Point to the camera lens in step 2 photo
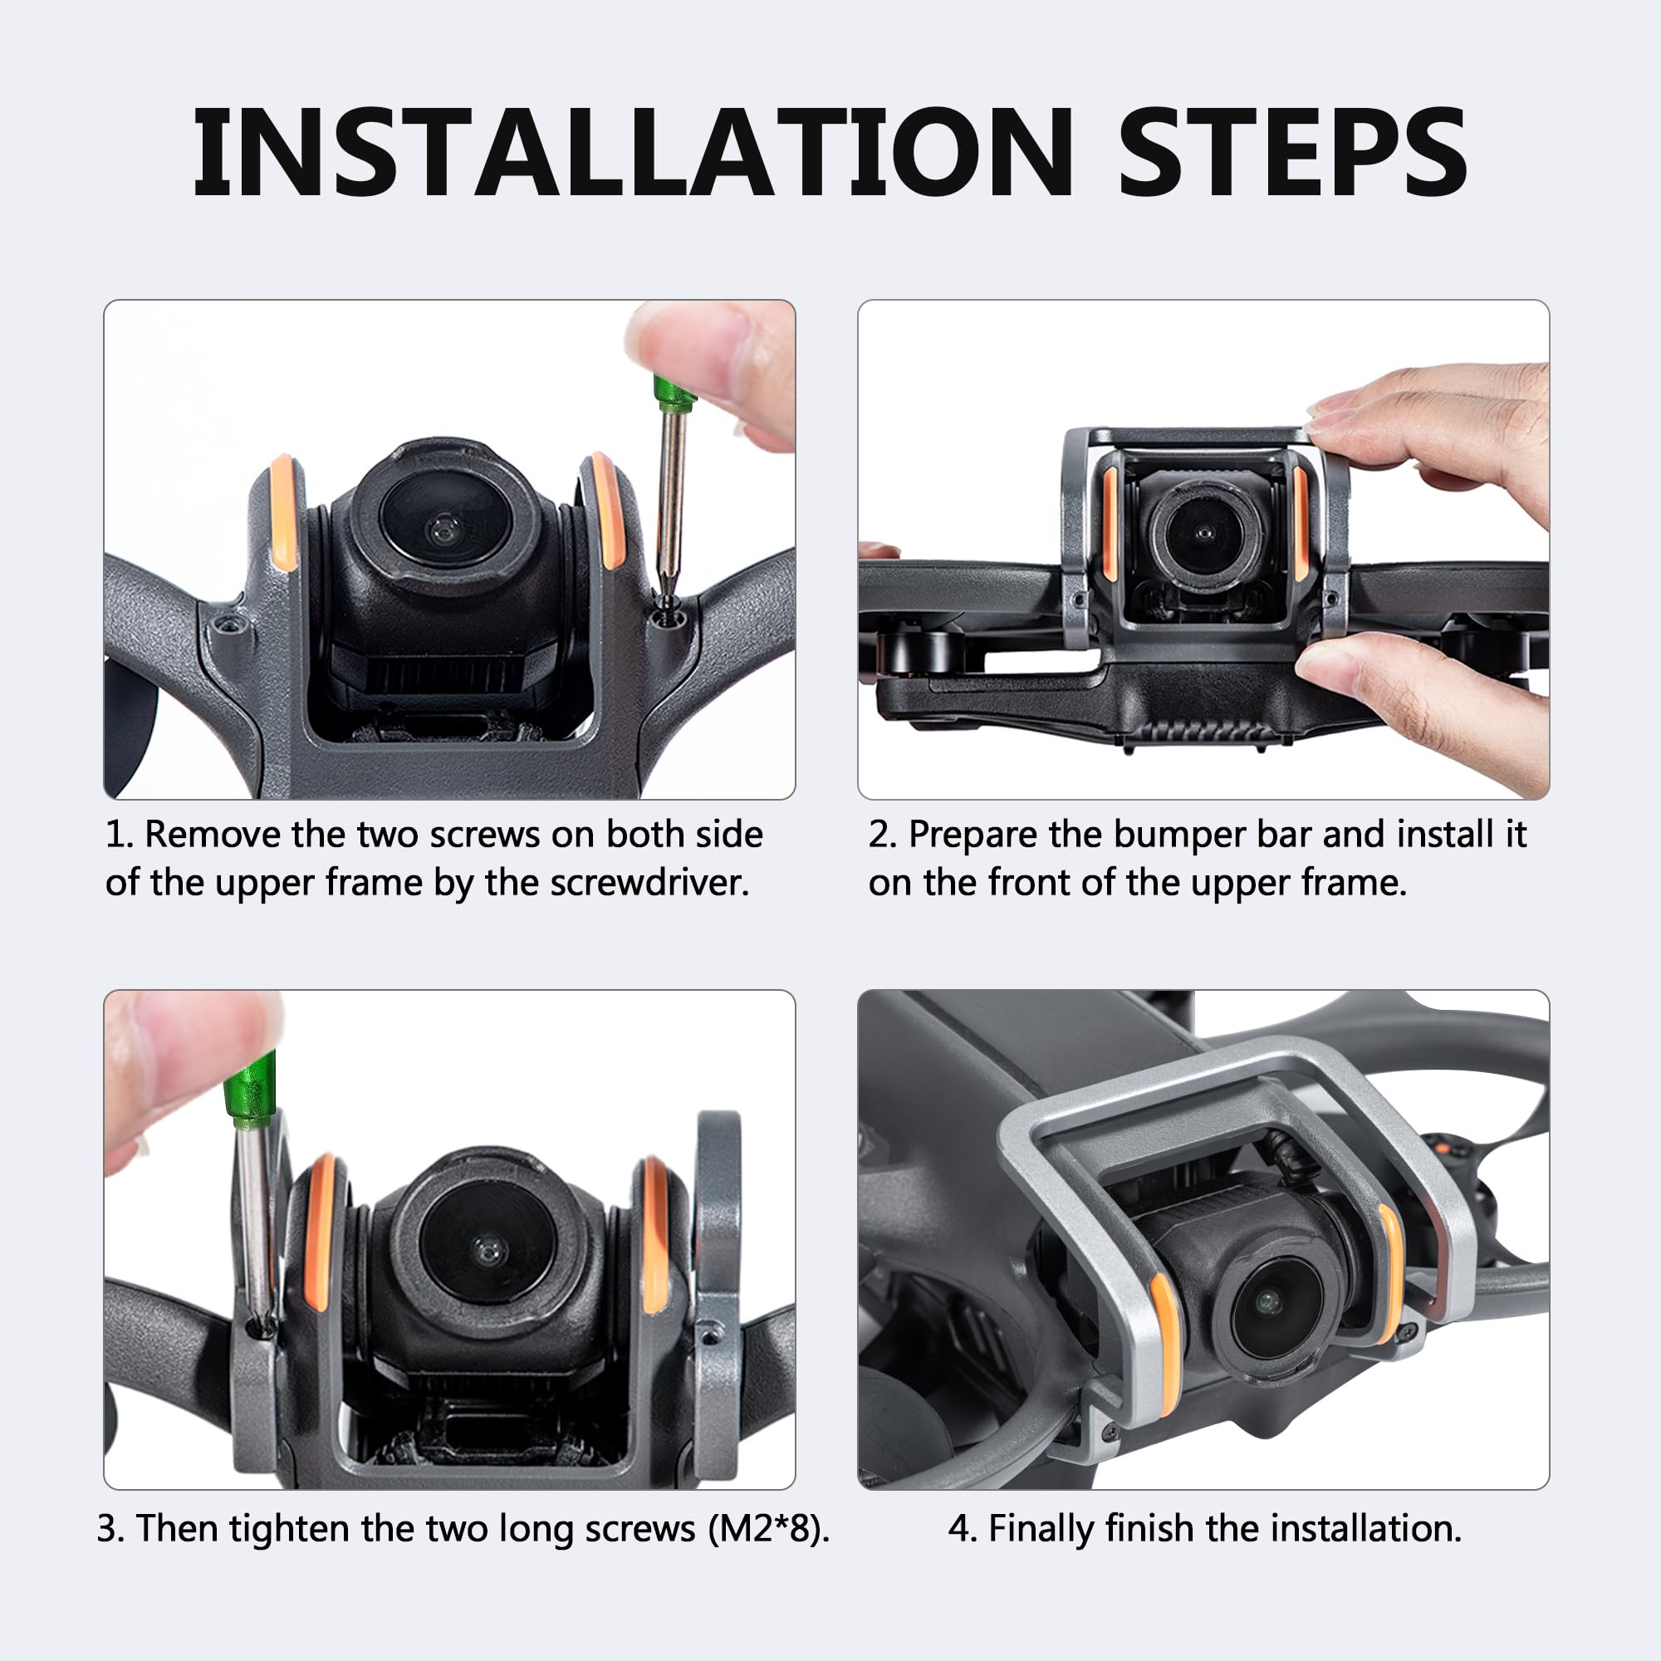click(1203, 535)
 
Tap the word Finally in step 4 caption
click(1042, 1531)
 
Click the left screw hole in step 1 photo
click(227, 625)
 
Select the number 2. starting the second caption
click(883, 835)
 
